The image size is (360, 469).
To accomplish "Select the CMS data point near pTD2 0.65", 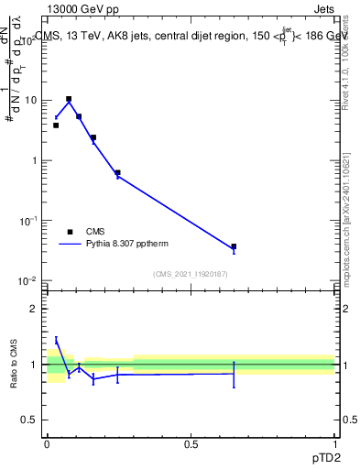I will pyautogui.click(x=234, y=246).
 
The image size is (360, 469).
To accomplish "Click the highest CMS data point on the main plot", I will pyautogui.click(x=69, y=99).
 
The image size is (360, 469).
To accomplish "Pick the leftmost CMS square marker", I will pyautogui.click(x=56, y=125).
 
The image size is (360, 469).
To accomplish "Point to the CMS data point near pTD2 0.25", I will pyautogui.click(x=117, y=172).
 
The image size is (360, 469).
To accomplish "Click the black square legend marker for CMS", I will pyautogui.click(x=70, y=232).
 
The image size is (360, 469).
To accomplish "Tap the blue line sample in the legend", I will pyautogui.click(x=70, y=245).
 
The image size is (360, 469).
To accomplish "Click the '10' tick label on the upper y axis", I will pyautogui.click(x=31, y=100).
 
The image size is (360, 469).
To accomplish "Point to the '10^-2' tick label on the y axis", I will pyautogui.click(x=29, y=280).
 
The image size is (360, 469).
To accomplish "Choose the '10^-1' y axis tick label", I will pyautogui.click(x=29, y=220).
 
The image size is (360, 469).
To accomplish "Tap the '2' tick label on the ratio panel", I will pyautogui.click(x=35, y=309).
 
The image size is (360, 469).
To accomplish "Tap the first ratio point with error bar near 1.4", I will pyautogui.click(x=56, y=341).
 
